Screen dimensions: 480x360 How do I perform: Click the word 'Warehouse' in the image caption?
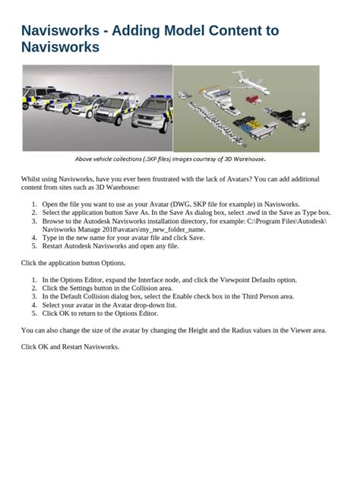tap(248, 159)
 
